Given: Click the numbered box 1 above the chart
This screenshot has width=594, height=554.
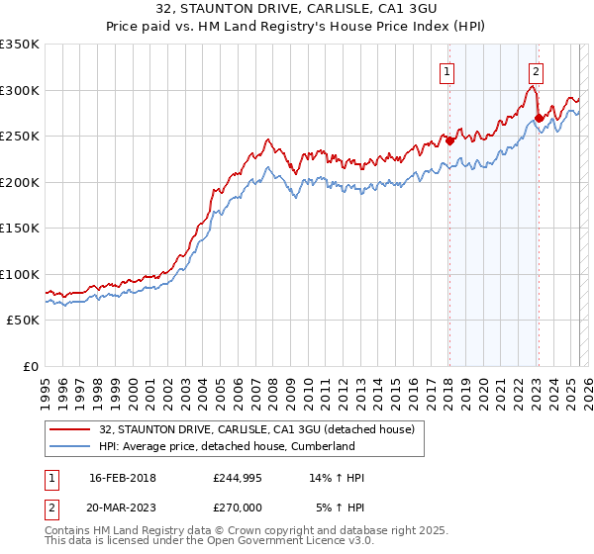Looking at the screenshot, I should (447, 71).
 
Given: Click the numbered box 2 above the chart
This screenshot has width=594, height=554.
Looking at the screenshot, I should (536, 71).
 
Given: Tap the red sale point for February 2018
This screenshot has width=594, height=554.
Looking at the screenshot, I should (449, 140).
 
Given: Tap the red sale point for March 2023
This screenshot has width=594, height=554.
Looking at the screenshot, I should (539, 118).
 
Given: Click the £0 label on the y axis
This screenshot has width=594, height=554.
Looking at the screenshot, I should (31, 366).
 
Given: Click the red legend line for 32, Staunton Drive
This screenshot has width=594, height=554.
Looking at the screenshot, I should (71, 428).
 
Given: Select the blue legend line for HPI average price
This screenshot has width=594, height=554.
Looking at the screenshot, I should (71, 446).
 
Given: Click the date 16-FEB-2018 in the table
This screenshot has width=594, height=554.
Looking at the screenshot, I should (122, 478).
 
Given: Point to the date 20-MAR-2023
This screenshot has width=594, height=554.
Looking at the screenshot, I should (122, 508).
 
